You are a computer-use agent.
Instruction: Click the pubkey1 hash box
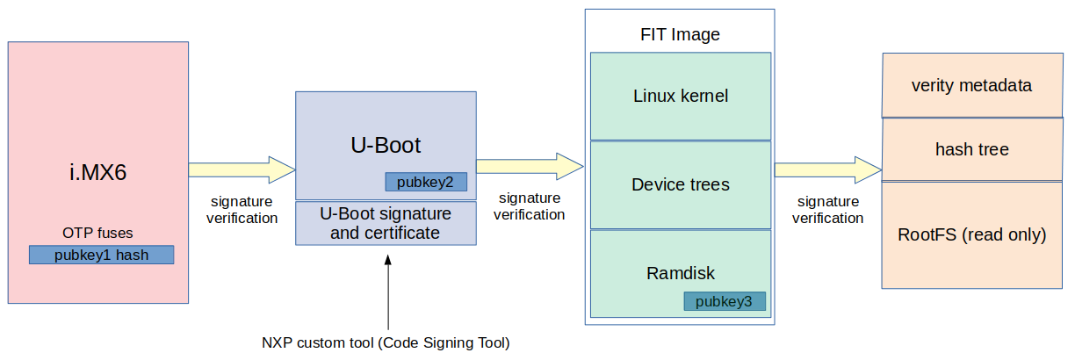pos(101,255)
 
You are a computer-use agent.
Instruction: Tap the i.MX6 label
pos(98,172)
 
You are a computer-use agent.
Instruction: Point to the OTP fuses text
pos(98,233)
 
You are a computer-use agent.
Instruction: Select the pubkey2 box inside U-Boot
pos(425,182)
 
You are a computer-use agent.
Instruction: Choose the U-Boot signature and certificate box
pos(386,223)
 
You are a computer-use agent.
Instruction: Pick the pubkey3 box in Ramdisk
pos(724,301)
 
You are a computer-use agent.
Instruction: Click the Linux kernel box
pos(681,96)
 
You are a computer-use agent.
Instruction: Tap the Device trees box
pos(681,184)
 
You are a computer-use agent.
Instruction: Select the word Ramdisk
pos(681,273)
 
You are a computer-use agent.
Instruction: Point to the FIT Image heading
pos(680,35)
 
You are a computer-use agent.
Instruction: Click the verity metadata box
pos(971,86)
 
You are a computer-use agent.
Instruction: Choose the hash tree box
pos(971,149)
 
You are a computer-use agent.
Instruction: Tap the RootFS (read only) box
pos(971,234)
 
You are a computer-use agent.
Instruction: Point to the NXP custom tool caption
pos(386,342)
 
